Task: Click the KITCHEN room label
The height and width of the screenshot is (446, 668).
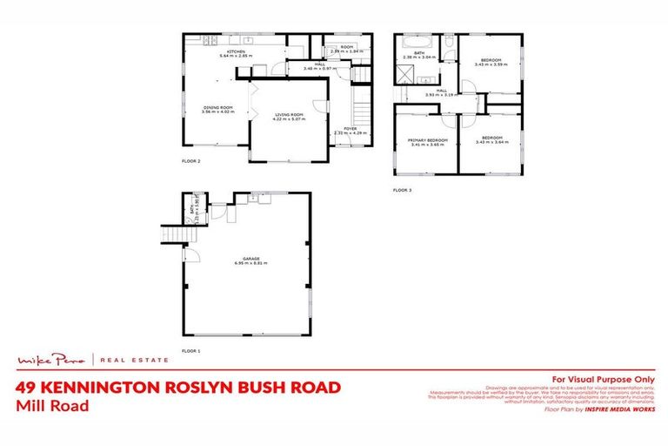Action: click(x=236, y=51)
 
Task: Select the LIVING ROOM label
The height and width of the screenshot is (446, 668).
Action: click(x=289, y=114)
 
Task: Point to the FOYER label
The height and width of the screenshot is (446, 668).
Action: click(x=350, y=128)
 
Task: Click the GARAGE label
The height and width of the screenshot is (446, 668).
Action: click(x=247, y=258)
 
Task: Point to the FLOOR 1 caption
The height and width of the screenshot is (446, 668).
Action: click(x=190, y=350)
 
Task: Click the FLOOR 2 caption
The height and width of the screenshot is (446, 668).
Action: click(x=190, y=161)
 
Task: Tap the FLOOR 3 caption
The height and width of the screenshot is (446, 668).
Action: click(x=402, y=190)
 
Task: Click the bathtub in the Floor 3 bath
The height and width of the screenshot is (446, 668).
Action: click(x=412, y=41)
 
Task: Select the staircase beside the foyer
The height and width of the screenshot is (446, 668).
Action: click(x=363, y=109)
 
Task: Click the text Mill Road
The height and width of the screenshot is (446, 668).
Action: click(x=51, y=404)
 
